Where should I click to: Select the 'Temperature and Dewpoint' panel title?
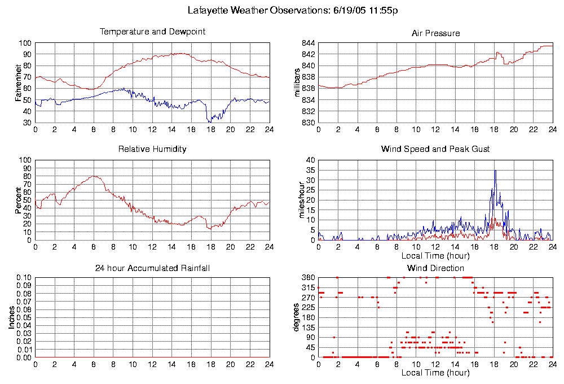click(152, 32)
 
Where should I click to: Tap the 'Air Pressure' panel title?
click(435, 33)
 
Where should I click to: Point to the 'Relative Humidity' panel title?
click(152, 149)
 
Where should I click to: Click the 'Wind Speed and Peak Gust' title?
click(435, 149)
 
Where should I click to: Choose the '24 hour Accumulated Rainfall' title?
click(152, 268)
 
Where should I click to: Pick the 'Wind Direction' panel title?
click(435, 268)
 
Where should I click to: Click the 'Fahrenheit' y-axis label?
click(19, 83)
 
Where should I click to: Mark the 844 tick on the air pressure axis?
click(307, 43)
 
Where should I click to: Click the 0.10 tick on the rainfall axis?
click(24, 278)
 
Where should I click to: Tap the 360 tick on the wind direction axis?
click(307, 278)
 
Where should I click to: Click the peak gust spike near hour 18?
click(495, 171)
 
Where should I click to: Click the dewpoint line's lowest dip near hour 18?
click(210, 121)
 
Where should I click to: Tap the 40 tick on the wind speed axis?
click(310, 160)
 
